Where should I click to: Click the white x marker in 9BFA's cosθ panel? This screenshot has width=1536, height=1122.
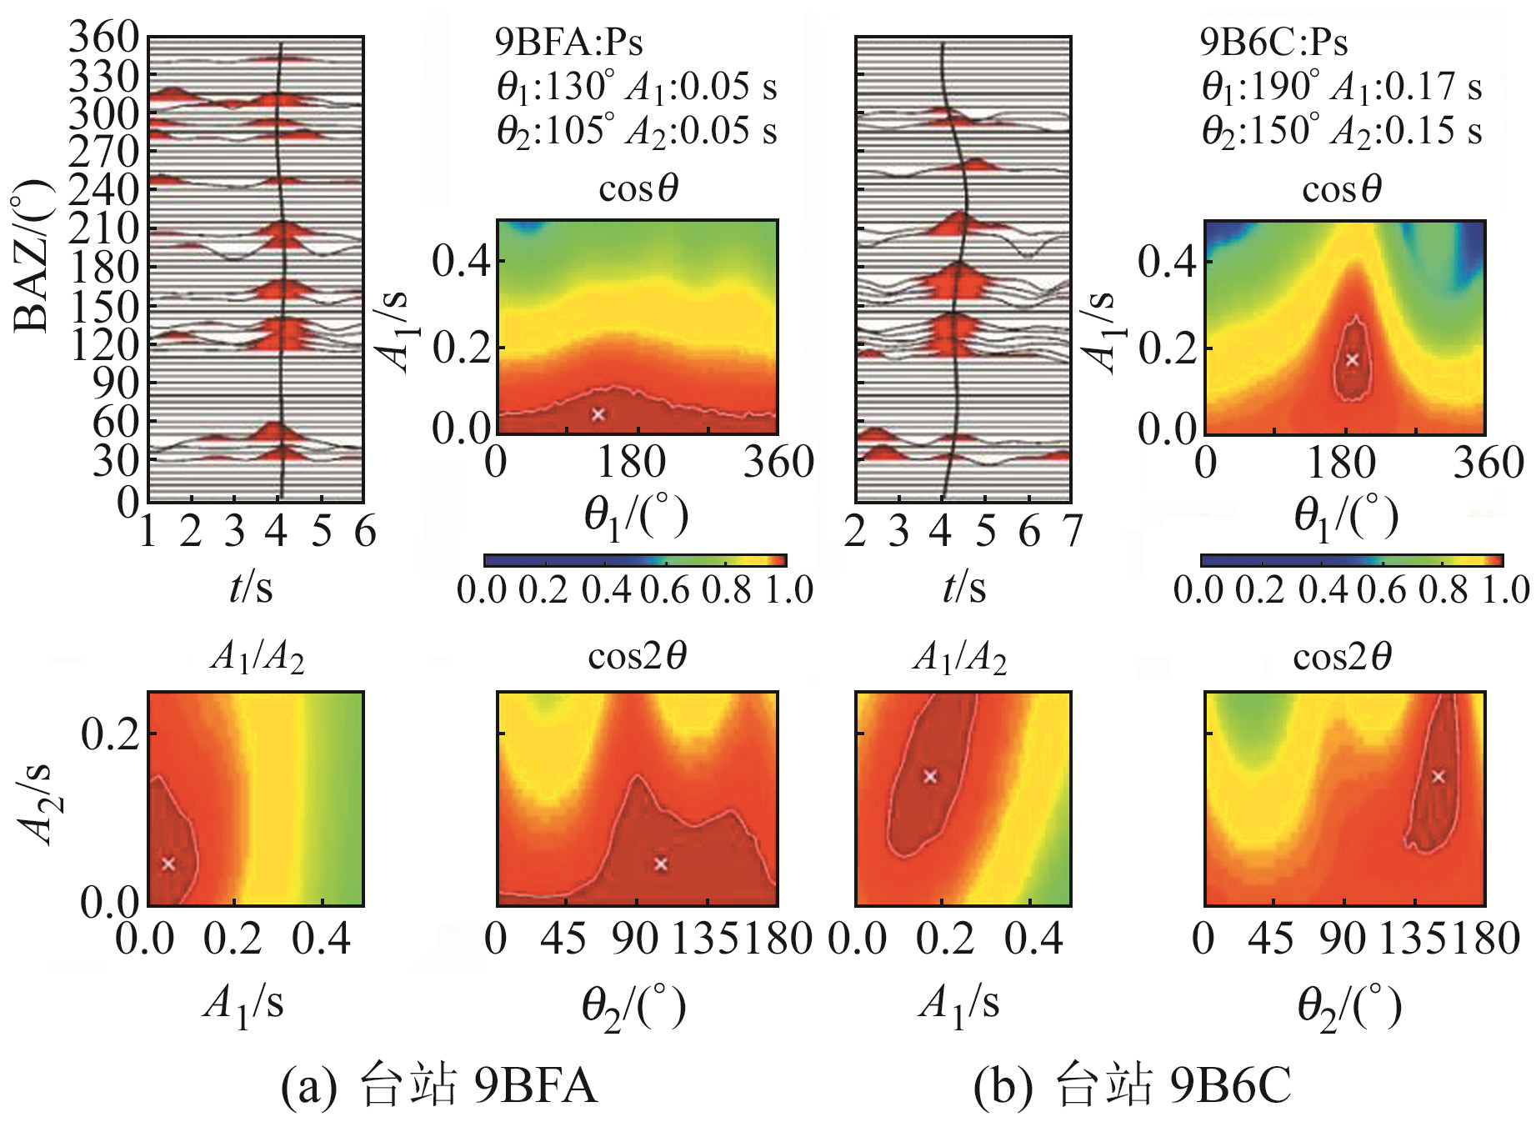[598, 414]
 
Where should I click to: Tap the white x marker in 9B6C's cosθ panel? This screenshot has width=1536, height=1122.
[1352, 360]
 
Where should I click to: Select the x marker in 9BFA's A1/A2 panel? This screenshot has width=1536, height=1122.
[168, 864]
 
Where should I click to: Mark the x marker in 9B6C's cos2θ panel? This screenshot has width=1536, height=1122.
[1438, 777]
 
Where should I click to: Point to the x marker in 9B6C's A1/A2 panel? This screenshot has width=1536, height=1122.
[930, 777]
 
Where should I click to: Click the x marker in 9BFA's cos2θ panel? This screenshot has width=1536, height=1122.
[661, 864]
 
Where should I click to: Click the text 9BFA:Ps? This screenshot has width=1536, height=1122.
[568, 42]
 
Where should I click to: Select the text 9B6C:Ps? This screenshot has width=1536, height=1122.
[1273, 42]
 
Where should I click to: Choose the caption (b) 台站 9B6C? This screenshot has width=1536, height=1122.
[1133, 1085]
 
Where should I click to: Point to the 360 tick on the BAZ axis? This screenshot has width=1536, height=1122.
[103, 37]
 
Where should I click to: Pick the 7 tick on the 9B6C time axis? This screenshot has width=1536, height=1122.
[1073, 531]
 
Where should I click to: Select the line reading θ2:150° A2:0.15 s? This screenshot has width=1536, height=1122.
[1342, 131]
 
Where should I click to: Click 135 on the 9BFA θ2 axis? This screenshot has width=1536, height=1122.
[705, 939]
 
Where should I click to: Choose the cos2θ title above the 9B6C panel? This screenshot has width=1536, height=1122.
[1342, 658]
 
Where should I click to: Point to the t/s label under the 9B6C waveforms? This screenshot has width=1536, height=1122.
[963, 588]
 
